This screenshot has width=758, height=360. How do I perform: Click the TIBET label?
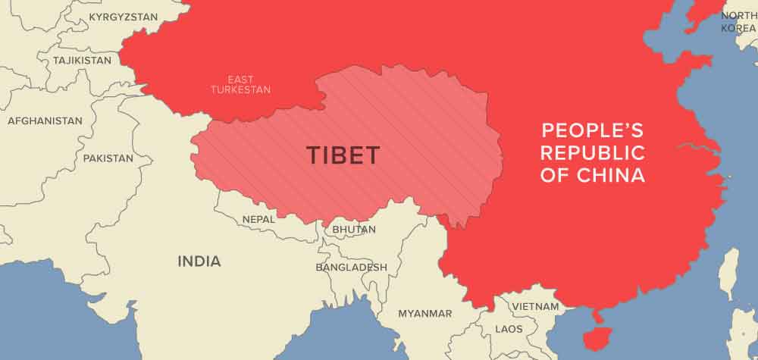343,155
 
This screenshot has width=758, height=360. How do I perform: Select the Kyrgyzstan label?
123,17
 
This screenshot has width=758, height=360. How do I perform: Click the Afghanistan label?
45,121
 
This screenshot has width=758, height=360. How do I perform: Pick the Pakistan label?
108,158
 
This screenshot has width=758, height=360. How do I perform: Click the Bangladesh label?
351,267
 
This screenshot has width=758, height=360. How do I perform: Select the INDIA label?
199,261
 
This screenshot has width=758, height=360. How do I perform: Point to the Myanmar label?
424,313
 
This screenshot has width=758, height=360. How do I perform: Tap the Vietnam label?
535,306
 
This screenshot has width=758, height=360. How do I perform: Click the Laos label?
509,329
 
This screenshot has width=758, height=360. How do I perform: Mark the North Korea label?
738,21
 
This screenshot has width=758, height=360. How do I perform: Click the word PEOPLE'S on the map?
581,129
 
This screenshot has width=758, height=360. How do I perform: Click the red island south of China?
595,340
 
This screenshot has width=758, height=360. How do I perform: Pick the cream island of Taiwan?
728,274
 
